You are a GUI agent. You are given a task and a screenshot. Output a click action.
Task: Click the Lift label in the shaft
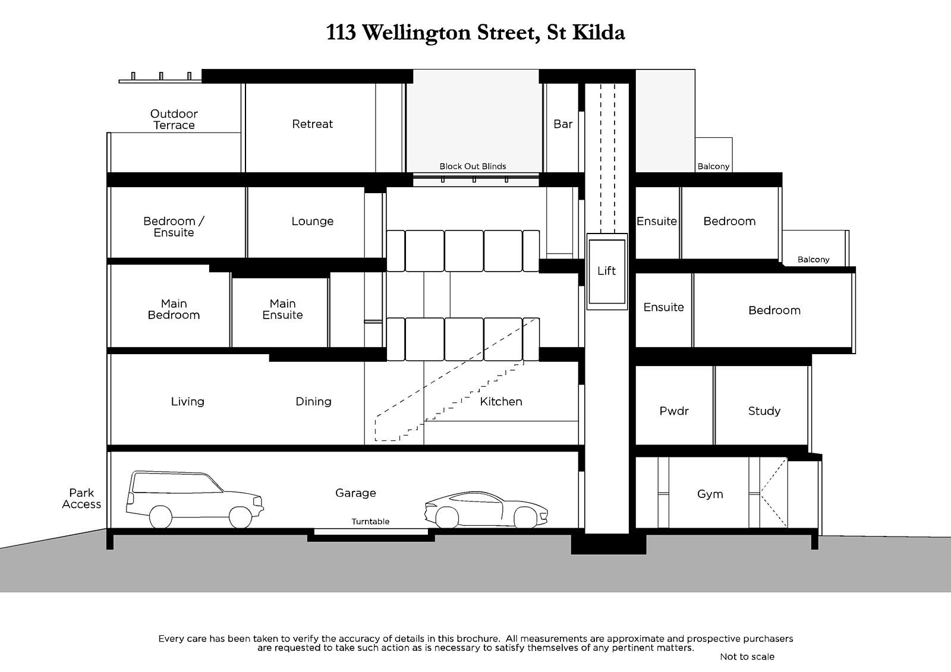coord(606,271)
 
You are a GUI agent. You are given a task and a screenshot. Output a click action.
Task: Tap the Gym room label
coord(710,494)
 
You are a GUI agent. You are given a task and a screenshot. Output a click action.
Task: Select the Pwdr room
coord(673,411)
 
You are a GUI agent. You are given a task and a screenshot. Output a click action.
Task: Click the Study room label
coord(764,411)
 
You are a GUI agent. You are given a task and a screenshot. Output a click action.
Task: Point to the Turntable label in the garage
coord(370,522)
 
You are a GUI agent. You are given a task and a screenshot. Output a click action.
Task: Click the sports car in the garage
coord(486,510)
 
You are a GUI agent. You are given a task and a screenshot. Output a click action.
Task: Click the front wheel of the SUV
coord(240,517)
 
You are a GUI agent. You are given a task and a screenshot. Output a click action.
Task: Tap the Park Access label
coord(81,499)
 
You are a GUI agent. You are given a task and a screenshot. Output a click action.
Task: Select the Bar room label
coord(562,124)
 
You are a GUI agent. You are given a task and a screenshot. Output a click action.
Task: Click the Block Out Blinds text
coord(473,166)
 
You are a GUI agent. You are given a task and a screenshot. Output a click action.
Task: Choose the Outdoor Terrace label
coord(174,119)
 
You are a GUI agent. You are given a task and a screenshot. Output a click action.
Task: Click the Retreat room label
coord(312,124)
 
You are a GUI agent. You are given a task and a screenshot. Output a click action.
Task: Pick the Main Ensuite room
coord(282,310)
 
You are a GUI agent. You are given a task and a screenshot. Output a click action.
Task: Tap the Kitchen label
coord(500,402)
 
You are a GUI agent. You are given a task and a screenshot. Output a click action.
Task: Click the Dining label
coord(313,402)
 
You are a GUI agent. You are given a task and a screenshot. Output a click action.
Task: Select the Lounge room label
coord(312,221)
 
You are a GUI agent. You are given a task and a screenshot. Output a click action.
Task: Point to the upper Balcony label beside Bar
coord(713,166)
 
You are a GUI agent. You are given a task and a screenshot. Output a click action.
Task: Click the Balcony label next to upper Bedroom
coord(813,260)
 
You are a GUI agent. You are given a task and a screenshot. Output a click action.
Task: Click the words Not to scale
coord(747,657)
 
